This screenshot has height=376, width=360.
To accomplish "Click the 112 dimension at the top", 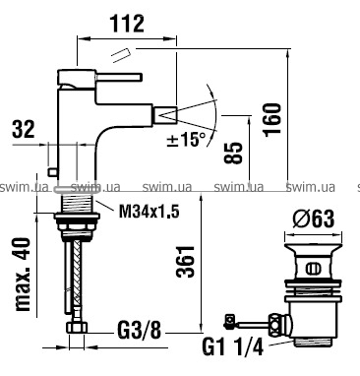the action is click(x=127, y=24).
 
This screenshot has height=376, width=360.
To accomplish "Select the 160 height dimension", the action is click(x=272, y=119).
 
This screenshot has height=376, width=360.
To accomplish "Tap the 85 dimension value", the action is click(x=233, y=153).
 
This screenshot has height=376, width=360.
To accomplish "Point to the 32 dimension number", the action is click(x=24, y=129).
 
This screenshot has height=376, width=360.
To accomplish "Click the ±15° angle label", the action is click(x=186, y=139).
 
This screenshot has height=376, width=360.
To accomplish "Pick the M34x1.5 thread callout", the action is click(x=149, y=212).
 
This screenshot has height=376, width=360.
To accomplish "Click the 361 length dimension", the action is click(x=186, y=261).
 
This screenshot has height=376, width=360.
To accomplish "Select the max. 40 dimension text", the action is click(x=23, y=274).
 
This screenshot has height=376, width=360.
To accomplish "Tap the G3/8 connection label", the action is click(x=139, y=331).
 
